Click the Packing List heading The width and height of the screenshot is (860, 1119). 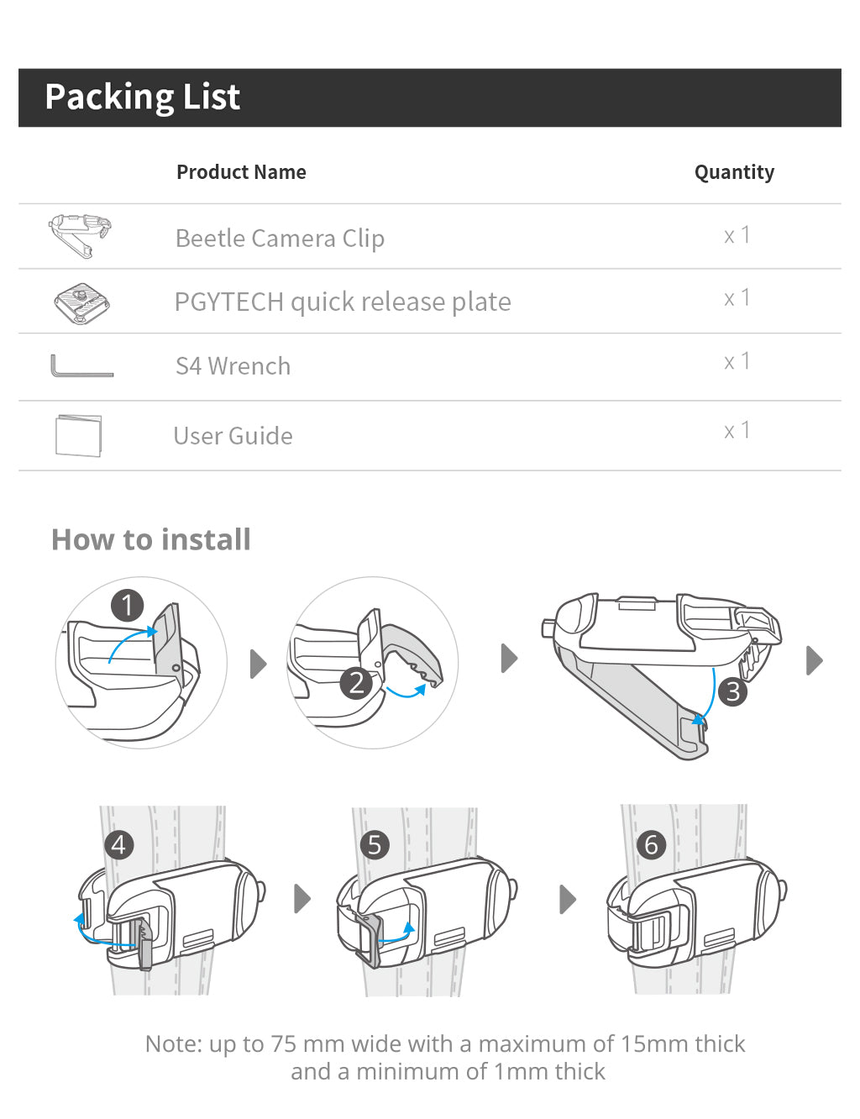[x=142, y=97]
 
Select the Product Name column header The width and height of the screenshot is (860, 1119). [x=241, y=172]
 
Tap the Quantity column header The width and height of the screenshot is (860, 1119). [x=734, y=172]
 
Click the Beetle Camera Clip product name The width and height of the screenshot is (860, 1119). [x=280, y=239]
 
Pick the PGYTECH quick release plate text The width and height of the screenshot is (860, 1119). [x=343, y=302]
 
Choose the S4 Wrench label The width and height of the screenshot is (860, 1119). [x=233, y=366]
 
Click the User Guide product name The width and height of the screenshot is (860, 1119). [x=233, y=436]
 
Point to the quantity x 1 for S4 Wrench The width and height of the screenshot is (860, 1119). [x=737, y=362]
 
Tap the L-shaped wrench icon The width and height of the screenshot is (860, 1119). [x=81, y=367]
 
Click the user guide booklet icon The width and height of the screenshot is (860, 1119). [x=78, y=435]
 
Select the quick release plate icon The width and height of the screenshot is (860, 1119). [x=81, y=302]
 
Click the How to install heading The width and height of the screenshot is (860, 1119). [x=151, y=539]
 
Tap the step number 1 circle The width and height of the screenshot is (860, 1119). [x=127, y=605]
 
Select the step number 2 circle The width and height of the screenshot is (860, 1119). [x=356, y=683]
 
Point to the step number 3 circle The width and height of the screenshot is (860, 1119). [x=733, y=691]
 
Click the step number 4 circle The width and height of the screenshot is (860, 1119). [x=118, y=844]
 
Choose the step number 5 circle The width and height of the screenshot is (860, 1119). [x=375, y=844]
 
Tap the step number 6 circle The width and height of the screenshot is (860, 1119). [x=651, y=844]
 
